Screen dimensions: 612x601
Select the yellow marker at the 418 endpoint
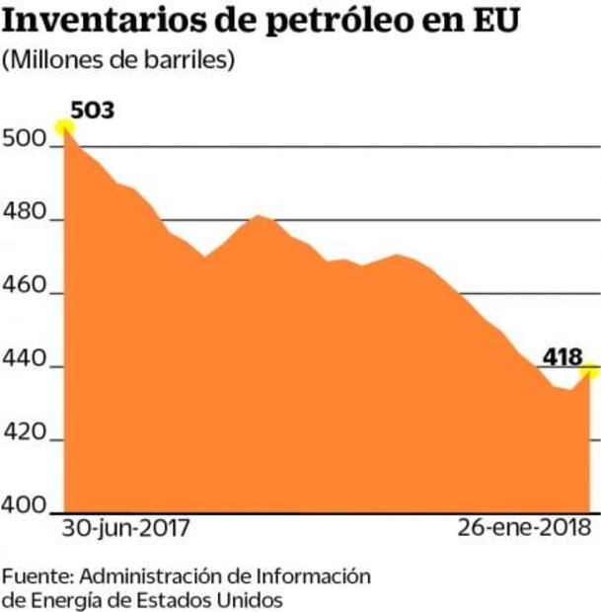[590, 370]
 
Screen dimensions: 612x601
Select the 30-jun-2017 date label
[125, 528]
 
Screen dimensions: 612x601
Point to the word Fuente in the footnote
[37, 575]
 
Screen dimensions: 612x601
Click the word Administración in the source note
[167, 575]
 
